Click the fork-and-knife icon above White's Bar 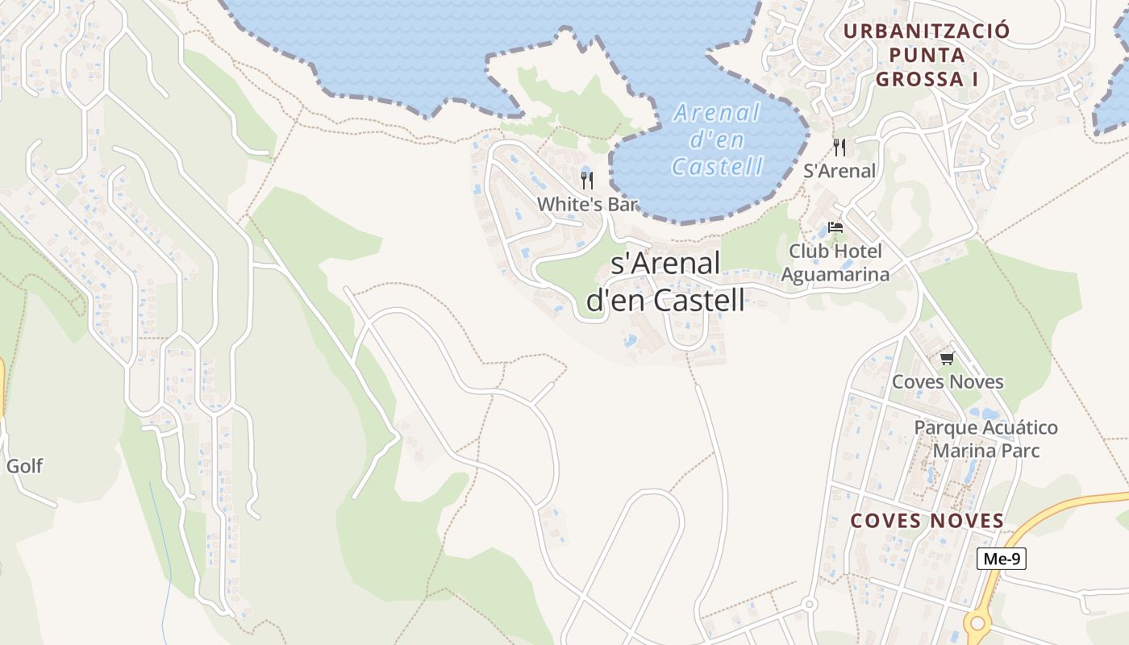point(586,180)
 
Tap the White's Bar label point(587,204)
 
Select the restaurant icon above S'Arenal point(839,147)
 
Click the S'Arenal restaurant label point(839,171)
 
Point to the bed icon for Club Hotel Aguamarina point(835,227)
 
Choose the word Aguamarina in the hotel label point(835,274)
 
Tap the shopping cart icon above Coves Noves point(947,358)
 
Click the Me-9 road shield point(1001,559)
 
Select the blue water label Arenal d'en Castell point(717,139)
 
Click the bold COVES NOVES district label point(927,521)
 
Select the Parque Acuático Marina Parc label point(985,439)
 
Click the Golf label point(24,466)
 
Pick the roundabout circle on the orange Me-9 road point(977,622)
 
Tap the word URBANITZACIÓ point(927,31)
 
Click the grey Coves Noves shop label point(948,381)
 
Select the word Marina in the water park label point(961,450)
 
